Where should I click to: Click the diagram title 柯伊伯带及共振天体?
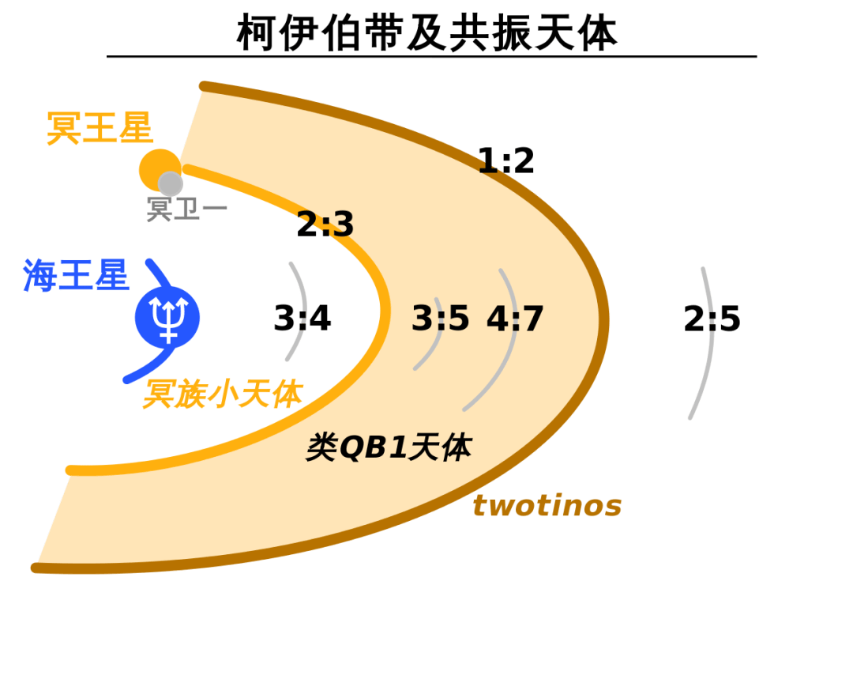click(x=427, y=32)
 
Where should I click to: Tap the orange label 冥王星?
click(x=100, y=129)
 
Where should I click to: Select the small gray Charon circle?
click(x=171, y=184)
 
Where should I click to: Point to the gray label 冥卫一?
click(x=186, y=209)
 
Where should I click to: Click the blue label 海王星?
click(x=76, y=276)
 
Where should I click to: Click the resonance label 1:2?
click(x=506, y=161)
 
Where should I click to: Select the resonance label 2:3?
click(x=325, y=225)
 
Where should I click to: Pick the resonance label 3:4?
click(x=302, y=319)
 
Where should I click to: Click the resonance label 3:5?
click(x=440, y=319)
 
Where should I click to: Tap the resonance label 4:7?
click(x=515, y=319)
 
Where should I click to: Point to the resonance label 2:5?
click(x=712, y=319)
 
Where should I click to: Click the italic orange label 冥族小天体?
click(x=223, y=394)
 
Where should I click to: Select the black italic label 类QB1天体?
click(x=389, y=447)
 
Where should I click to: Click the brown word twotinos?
click(x=547, y=505)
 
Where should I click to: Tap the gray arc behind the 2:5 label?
click(x=712, y=343)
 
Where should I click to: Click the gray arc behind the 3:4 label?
click(x=304, y=311)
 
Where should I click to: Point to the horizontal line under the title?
click(x=432, y=56)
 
